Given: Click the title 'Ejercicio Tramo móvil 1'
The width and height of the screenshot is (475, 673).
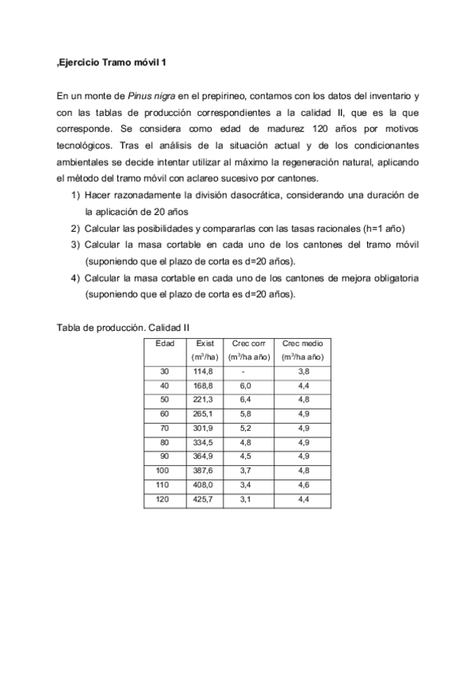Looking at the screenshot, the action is pos(113,62).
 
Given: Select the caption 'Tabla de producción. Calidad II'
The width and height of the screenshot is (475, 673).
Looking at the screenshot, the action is pos(122,327).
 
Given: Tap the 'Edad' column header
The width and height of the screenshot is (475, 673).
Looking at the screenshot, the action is pos(165,343).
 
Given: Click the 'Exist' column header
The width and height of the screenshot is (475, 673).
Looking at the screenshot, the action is pos(205,343).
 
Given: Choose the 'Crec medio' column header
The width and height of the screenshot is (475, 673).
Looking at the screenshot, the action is pos(302,343).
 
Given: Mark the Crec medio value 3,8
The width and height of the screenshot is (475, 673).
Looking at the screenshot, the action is pos(302,371).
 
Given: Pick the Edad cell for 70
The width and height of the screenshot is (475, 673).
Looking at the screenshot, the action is pos(165,429).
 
